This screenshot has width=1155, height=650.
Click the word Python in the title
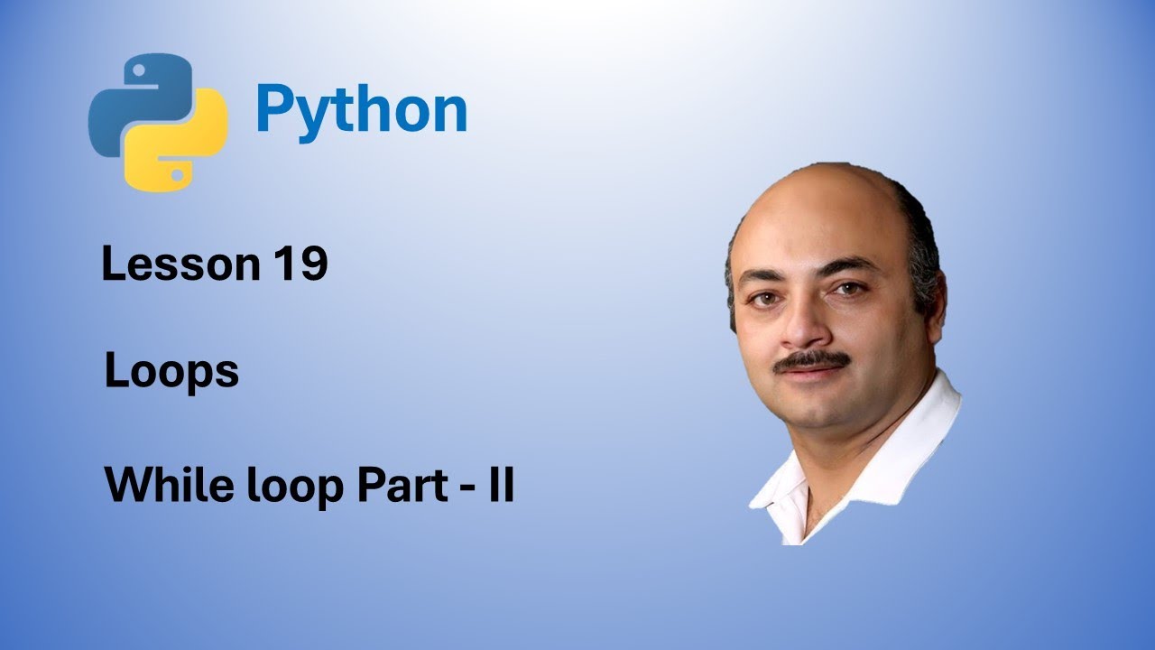click(361, 110)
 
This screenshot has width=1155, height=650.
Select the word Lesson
click(180, 265)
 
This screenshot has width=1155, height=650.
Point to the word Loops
click(171, 372)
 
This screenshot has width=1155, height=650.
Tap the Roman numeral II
click(502, 486)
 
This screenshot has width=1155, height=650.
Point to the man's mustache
click(812, 361)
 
